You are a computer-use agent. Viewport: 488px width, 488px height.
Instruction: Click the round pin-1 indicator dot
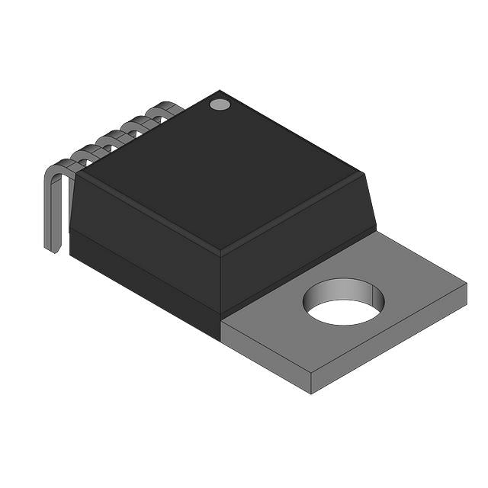(x=220, y=104)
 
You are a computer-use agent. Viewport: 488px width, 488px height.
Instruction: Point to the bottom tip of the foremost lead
(x=53, y=249)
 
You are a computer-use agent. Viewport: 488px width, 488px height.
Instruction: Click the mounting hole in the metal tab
(x=343, y=300)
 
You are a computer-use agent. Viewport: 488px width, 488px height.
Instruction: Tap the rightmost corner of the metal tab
(x=465, y=285)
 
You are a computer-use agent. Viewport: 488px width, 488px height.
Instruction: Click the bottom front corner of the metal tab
(x=311, y=393)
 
